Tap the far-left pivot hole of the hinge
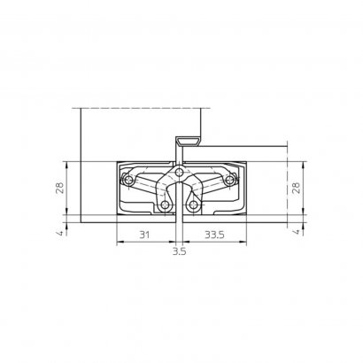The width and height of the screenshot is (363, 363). (x=128, y=181)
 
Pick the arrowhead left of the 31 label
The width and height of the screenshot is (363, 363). (x=119, y=242)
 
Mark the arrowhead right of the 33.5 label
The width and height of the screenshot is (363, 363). (x=244, y=242)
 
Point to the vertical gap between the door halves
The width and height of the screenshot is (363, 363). (x=180, y=221)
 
